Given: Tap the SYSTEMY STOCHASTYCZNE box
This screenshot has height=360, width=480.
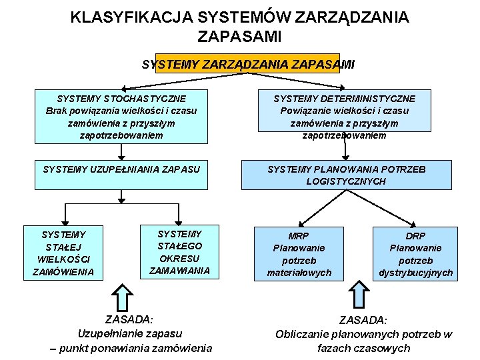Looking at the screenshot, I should [121, 116].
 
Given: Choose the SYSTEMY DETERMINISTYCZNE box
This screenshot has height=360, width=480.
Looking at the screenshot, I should [344, 116].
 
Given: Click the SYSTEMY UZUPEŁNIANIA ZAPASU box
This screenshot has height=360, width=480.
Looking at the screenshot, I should [121, 169].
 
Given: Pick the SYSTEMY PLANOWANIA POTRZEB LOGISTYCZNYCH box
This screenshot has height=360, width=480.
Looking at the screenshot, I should [346, 175].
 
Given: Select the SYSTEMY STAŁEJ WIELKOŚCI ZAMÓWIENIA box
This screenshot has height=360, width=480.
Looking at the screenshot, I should [63, 253].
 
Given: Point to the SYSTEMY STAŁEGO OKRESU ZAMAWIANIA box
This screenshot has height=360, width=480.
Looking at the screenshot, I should [179, 252].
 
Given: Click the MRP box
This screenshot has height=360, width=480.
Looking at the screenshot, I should [299, 254].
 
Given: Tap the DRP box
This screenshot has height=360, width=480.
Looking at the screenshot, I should [415, 254].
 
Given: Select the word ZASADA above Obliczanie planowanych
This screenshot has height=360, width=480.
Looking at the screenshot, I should [363, 321].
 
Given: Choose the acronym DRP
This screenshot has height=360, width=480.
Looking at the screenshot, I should [415, 236].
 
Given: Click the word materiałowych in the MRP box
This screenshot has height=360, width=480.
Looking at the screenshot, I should [299, 273].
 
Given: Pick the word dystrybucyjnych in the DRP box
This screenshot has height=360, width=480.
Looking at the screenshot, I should [415, 273].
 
